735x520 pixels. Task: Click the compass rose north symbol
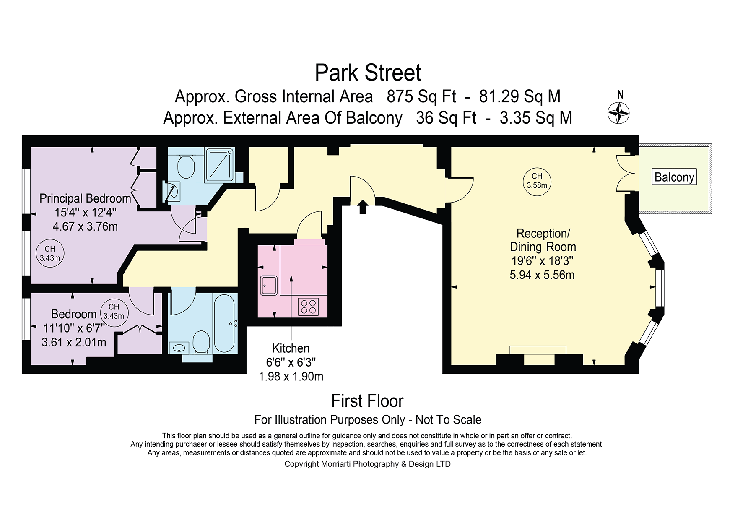tap(619, 112)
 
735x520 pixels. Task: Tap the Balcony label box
tap(674, 177)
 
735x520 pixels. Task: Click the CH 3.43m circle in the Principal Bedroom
tap(50, 253)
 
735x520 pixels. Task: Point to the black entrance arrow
tap(363, 207)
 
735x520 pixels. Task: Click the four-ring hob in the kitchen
tap(309, 306)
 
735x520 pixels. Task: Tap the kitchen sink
tap(268, 285)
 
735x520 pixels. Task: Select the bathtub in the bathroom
tap(224, 323)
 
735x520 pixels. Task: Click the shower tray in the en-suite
tap(219, 164)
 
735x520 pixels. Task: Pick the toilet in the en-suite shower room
tap(186, 166)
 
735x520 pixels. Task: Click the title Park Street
tap(368, 73)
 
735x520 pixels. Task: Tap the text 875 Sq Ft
tap(421, 97)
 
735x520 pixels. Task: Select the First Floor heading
tap(367, 401)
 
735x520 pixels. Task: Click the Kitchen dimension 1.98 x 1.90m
tap(291, 377)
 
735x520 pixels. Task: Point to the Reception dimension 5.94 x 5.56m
tap(542, 275)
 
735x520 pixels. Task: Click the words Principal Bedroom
tap(85, 198)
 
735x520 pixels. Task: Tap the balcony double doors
tap(626, 173)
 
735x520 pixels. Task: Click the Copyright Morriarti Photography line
tap(367, 464)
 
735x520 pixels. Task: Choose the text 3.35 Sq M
tap(536, 118)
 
